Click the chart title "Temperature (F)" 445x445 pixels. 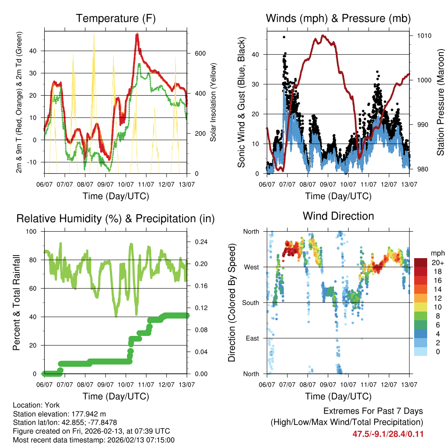tap(116, 19)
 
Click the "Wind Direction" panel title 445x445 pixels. tap(338, 216)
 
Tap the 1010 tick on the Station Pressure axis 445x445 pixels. tap(424, 36)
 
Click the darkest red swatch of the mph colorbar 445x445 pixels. tap(420, 262)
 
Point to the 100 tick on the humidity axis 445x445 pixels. tap(33, 231)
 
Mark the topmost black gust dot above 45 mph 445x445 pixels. tap(284, 37)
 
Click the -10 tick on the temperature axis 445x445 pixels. tap(35, 162)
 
